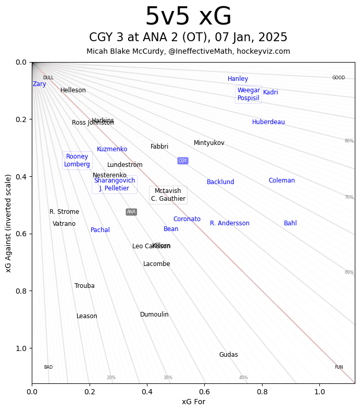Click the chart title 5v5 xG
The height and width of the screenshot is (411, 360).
pyautogui.click(x=188, y=17)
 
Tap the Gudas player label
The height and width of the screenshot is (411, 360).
pyautogui.click(x=228, y=355)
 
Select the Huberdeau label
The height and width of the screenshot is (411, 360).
pyautogui.click(x=268, y=122)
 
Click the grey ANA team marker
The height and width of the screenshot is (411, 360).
pyautogui.click(x=131, y=212)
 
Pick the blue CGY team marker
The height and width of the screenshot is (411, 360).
pyautogui.click(x=182, y=161)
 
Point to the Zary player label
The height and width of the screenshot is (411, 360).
pyautogui.click(x=40, y=84)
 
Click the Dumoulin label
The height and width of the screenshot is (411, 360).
pyautogui.click(x=154, y=315)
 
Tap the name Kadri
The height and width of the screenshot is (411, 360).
pyautogui.click(x=270, y=92)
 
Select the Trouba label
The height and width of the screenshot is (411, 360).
pyautogui.click(x=84, y=286)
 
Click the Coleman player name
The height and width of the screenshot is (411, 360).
pyautogui.click(x=282, y=180)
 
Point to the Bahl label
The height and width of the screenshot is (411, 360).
pyautogui.click(x=290, y=223)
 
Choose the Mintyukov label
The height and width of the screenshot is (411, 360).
pyautogui.click(x=209, y=143)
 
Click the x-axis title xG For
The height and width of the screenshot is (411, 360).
pyautogui.click(x=193, y=402)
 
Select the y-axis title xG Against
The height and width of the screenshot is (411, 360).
pyautogui.click(x=8, y=223)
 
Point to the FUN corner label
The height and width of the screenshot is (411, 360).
pyautogui.click(x=339, y=367)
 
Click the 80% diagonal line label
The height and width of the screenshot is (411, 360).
pyautogui.click(x=349, y=141)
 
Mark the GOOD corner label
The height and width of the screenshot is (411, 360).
pyautogui.click(x=339, y=78)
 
